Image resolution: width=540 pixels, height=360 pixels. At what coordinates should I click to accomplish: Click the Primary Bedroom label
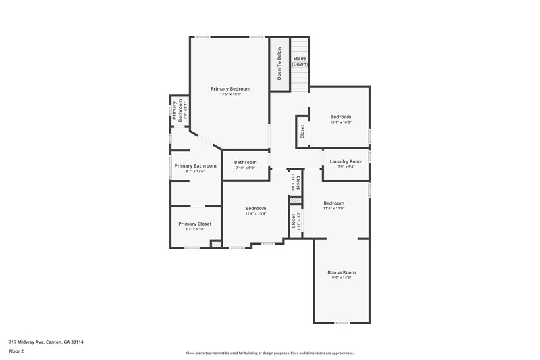[230, 89]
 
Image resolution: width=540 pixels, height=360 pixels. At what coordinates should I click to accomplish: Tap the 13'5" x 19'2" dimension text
[230, 95]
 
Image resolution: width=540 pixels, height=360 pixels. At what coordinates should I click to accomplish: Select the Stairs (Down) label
[300, 61]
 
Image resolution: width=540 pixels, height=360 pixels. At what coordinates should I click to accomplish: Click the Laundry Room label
[346, 161]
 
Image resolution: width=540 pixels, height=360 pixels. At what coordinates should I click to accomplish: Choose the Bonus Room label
[342, 272]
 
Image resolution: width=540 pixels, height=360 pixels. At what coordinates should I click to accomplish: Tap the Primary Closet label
[194, 224]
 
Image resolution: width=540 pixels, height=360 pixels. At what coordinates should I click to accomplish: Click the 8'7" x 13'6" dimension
[194, 172]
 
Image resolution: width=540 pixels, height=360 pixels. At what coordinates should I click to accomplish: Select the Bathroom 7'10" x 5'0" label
[245, 162]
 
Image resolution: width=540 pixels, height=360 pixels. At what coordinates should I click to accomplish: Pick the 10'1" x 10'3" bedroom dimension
[341, 122]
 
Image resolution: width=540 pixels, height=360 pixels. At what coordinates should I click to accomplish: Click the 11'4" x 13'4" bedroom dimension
[256, 213]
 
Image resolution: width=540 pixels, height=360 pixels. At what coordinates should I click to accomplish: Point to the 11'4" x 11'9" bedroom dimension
[333, 209]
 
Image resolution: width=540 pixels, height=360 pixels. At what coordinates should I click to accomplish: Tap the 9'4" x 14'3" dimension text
[342, 278]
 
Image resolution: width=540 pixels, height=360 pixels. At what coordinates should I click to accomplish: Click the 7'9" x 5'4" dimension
[346, 167]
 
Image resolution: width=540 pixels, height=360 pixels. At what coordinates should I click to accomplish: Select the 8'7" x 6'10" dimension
[194, 229]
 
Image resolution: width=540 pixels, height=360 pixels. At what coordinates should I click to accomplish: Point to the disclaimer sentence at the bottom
[269, 353]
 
